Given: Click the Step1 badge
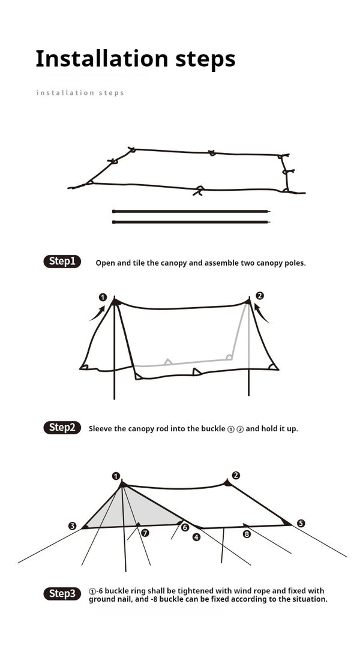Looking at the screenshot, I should tap(62, 262).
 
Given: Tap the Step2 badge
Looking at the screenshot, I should tap(62, 428).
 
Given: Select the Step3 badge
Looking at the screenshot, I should tap(62, 594).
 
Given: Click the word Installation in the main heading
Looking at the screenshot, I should tap(92, 59).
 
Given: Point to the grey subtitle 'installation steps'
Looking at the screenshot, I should tap(80, 93).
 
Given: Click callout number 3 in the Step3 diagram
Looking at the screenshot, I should tap(73, 526).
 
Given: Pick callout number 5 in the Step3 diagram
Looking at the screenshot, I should tap(301, 523).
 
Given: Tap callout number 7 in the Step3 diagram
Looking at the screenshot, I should tap(145, 532).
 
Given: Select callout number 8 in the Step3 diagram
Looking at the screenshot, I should tap(247, 534).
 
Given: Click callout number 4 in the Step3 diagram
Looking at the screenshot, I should tap(196, 537).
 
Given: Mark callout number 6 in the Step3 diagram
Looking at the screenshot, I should tap(185, 527).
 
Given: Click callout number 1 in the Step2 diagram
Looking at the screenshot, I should tap(103, 297).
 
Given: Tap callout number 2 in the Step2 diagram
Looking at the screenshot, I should tap(259, 296).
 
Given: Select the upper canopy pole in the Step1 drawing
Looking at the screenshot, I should tap(191, 211).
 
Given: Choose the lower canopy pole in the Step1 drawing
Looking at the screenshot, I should tap(191, 222).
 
